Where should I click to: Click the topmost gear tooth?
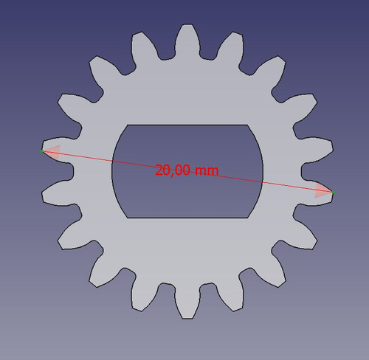(x=187, y=41)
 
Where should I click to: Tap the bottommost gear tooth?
(x=187, y=303)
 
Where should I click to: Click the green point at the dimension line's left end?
(x=42, y=150)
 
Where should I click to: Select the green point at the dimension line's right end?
(x=333, y=193)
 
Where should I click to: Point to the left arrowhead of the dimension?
(x=53, y=153)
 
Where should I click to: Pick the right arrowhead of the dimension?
(x=323, y=190)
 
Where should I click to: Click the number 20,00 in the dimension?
(x=173, y=170)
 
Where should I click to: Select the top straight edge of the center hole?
(x=187, y=125)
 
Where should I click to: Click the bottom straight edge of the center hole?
(x=187, y=218)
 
